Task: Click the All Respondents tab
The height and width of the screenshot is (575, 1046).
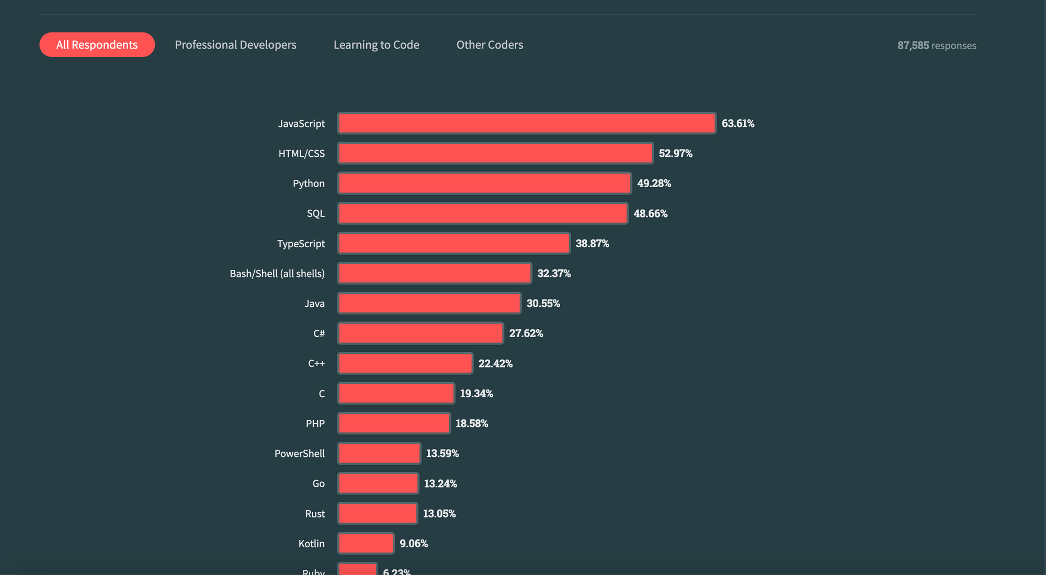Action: pyautogui.click(x=97, y=45)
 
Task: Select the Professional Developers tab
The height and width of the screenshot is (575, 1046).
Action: pyautogui.click(x=235, y=45)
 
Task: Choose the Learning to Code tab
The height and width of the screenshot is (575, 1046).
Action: pyautogui.click(x=376, y=45)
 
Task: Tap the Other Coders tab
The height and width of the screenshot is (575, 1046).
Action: pyautogui.click(x=490, y=45)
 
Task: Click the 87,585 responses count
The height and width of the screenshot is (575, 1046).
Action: pyautogui.click(x=936, y=45)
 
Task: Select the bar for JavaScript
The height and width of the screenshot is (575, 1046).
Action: pyautogui.click(x=527, y=123)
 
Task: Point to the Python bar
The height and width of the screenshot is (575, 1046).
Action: pyautogui.click(x=484, y=183)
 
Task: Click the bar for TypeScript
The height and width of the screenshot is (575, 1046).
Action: pyautogui.click(x=453, y=244)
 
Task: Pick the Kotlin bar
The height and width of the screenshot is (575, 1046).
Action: pyautogui.click(x=366, y=544)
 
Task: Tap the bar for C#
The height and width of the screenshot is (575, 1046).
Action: pyautogui.click(x=420, y=333)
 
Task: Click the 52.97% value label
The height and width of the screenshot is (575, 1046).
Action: pyautogui.click(x=675, y=154)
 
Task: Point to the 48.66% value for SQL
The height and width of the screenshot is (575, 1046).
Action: pyautogui.click(x=650, y=214)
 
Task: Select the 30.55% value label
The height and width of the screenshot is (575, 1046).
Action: pyautogui.click(x=543, y=304)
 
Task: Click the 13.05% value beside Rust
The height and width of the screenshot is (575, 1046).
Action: pyautogui.click(x=439, y=514)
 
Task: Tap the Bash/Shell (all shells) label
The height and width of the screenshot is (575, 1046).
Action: pyautogui.click(x=277, y=274)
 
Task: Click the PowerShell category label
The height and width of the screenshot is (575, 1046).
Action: pyautogui.click(x=299, y=454)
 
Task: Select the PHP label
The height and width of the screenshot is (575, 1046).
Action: pyautogui.click(x=315, y=424)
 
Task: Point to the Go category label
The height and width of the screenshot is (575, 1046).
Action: pyautogui.click(x=318, y=484)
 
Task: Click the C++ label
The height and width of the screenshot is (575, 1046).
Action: pyautogui.click(x=316, y=364)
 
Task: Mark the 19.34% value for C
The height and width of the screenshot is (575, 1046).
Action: pyautogui.click(x=476, y=394)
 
